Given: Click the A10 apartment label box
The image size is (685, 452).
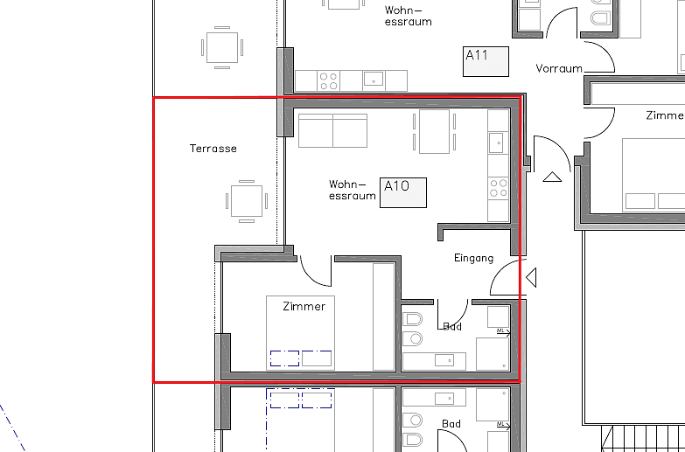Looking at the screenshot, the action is (403, 192).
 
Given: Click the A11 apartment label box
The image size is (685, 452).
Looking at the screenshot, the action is (486, 61).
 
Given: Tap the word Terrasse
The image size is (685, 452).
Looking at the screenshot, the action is (213, 149).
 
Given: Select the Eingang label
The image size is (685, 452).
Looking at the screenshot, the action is (474, 259).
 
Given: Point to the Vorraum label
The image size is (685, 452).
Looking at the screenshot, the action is (559, 68).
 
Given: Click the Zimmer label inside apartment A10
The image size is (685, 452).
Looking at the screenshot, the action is (304, 307).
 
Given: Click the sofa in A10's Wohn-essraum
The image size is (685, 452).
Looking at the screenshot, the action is (333, 130).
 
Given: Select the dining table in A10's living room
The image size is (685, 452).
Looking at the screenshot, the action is (434, 131).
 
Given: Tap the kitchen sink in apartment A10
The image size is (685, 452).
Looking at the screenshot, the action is (496, 143).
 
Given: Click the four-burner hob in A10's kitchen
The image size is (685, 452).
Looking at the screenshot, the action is (499, 188).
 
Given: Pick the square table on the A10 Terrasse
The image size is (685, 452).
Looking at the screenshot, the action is (247, 201).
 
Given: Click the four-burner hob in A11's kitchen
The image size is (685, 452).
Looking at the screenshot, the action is (329, 80).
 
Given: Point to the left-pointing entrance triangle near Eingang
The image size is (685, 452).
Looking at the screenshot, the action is (531, 278).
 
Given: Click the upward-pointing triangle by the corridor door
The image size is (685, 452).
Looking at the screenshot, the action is (552, 177).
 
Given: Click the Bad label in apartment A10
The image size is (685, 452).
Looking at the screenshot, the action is (452, 327).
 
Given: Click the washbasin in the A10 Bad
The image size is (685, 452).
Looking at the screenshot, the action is (444, 360).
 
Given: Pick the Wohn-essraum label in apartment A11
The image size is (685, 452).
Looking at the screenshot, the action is (408, 16).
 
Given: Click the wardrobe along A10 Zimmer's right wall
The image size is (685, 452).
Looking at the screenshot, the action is (384, 317).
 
